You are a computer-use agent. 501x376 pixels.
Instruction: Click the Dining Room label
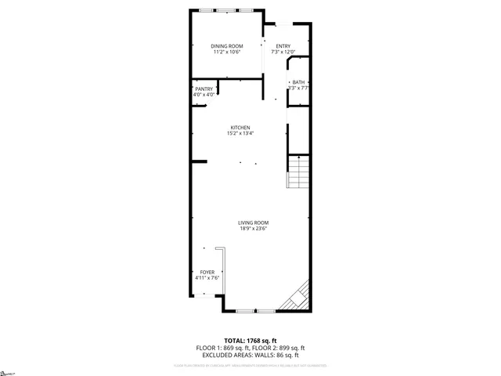(227, 47)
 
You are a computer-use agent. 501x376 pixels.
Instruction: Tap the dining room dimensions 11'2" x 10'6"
(227, 52)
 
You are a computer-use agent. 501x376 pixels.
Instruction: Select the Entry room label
(283, 46)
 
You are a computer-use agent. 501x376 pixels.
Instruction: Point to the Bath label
(298, 82)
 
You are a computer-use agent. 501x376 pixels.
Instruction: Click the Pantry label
(204, 89)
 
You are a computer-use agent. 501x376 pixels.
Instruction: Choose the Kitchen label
(240, 128)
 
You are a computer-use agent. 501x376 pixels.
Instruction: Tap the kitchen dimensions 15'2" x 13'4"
(240, 133)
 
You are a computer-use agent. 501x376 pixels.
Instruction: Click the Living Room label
(254, 223)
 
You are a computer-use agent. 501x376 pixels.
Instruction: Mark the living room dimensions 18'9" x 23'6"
(254, 229)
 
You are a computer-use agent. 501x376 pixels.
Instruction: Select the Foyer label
(207, 272)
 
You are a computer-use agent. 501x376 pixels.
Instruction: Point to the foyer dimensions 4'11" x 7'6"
(207, 277)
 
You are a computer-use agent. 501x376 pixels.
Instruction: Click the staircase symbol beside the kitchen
(299, 172)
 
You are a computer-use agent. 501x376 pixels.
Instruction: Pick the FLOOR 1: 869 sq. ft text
(221, 348)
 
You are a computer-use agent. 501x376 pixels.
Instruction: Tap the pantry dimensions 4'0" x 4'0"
(204, 95)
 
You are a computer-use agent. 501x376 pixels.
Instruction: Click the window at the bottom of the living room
(255, 311)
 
